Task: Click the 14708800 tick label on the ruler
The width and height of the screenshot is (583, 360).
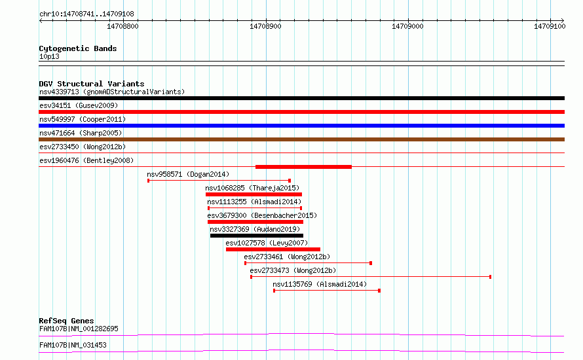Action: tap(122, 26)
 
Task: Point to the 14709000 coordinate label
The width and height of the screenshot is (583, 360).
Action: tap(407, 26)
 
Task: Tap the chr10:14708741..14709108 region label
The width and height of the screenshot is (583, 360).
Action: tap(86, 14)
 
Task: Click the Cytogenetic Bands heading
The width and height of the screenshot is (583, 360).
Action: tap(78, 48)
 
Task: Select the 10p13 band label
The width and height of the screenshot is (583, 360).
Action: tap(49, 56)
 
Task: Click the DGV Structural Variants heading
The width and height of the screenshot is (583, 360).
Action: tap(92, 84)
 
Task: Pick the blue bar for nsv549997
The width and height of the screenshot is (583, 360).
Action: tap(301, 126)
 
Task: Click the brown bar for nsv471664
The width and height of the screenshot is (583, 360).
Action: tap(301, 139)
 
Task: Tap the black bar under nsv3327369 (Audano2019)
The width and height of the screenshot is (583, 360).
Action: tap(257, 236)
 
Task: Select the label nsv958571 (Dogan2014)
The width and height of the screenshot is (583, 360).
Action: tap(188, 174)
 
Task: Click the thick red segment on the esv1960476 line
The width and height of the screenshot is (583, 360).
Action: tap(303, 167)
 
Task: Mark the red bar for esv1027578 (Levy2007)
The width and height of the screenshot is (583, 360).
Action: tap(273, 249)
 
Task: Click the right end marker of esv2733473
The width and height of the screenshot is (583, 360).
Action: tap(491, 277)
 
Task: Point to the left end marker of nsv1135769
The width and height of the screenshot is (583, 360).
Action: tap(274, 291)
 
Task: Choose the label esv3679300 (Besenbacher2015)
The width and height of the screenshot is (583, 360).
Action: tap(262, 215)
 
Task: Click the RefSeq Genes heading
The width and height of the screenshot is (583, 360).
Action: tap(66, 321)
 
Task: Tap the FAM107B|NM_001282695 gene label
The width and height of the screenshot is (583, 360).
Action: tap(79, 329)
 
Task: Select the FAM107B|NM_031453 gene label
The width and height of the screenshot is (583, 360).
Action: tap(73, 345)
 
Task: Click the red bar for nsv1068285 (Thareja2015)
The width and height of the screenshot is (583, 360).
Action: tap(254, 194)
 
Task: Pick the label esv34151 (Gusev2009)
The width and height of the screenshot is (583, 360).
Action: tap(79, 105)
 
